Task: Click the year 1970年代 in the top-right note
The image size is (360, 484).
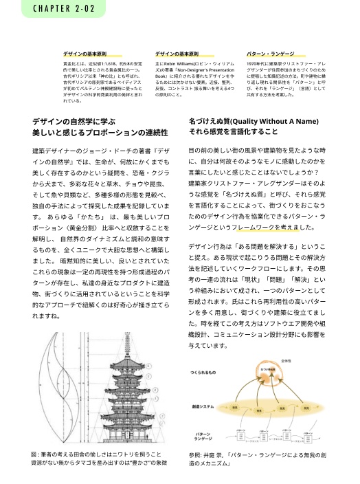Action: coord(256,63)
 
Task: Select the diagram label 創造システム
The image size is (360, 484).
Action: coord(205,406)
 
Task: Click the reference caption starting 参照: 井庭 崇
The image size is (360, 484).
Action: coord(265,459)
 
